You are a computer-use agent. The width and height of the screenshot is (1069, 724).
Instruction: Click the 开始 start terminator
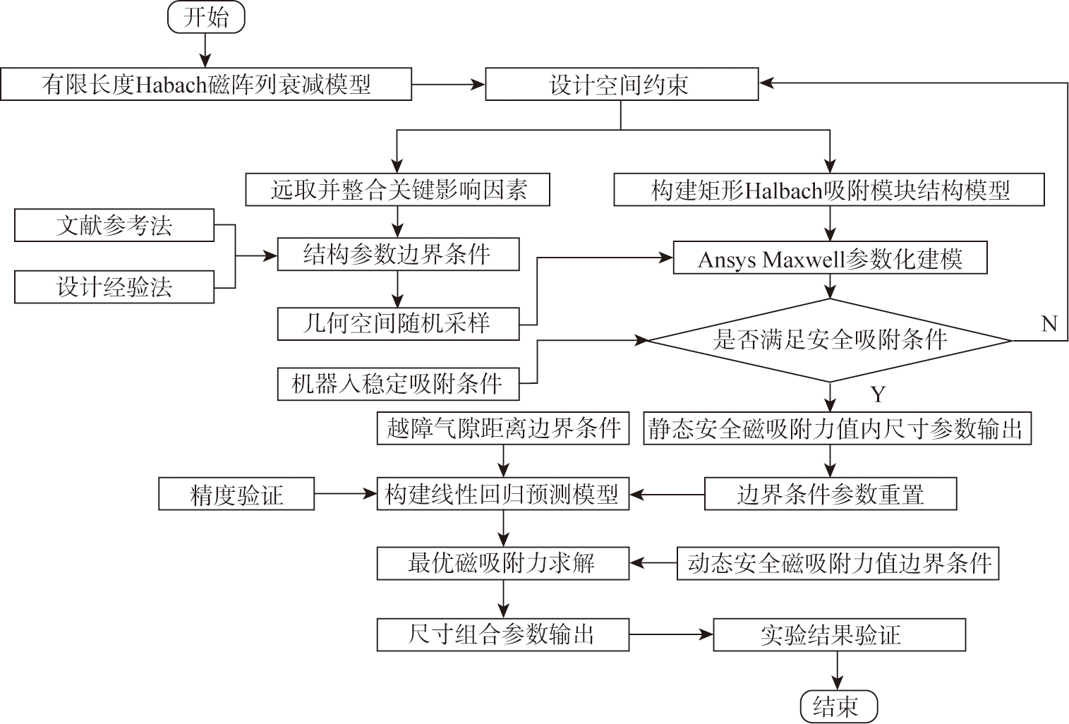[x=205, y=17]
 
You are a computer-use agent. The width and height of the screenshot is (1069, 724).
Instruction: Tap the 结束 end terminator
[x=838, y=706]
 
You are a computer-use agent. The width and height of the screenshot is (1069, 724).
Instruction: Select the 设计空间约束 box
[x=621, y=85]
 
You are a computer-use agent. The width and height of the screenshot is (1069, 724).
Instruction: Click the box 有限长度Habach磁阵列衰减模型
[x=205, y=85]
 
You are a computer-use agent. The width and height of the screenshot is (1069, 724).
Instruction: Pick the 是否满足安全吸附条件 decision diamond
[x=830, y=340]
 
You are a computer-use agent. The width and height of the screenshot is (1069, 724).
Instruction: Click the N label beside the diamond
[x=1049, y=323]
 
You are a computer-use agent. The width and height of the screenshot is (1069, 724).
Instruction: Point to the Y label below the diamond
[x=878, y=394]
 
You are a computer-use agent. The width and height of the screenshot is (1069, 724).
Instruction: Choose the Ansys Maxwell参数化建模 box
[x=830, y=259]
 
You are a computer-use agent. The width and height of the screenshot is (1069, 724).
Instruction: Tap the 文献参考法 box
[x=114, y=226]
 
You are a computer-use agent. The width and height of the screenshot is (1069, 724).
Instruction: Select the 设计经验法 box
[x=114, y=287]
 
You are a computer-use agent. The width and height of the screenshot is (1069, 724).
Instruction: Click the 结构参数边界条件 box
[x=398, y=254]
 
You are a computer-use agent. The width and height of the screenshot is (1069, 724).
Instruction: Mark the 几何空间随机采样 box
[x=398, y=324]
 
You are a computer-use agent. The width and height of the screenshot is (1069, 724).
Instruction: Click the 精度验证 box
[x=236, y=494]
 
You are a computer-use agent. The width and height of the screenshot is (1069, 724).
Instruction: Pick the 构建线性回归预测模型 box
[x=502, y=494]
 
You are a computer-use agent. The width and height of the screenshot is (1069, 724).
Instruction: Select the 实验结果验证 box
[x=838, y=634]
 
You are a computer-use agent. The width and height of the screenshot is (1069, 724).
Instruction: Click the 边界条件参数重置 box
[x=830, y=494]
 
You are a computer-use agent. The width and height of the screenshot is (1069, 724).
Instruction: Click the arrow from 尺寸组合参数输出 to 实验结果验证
[x=671, y=634]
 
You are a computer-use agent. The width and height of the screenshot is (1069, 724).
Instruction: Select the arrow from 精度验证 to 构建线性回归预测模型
[x=346, y=494]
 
